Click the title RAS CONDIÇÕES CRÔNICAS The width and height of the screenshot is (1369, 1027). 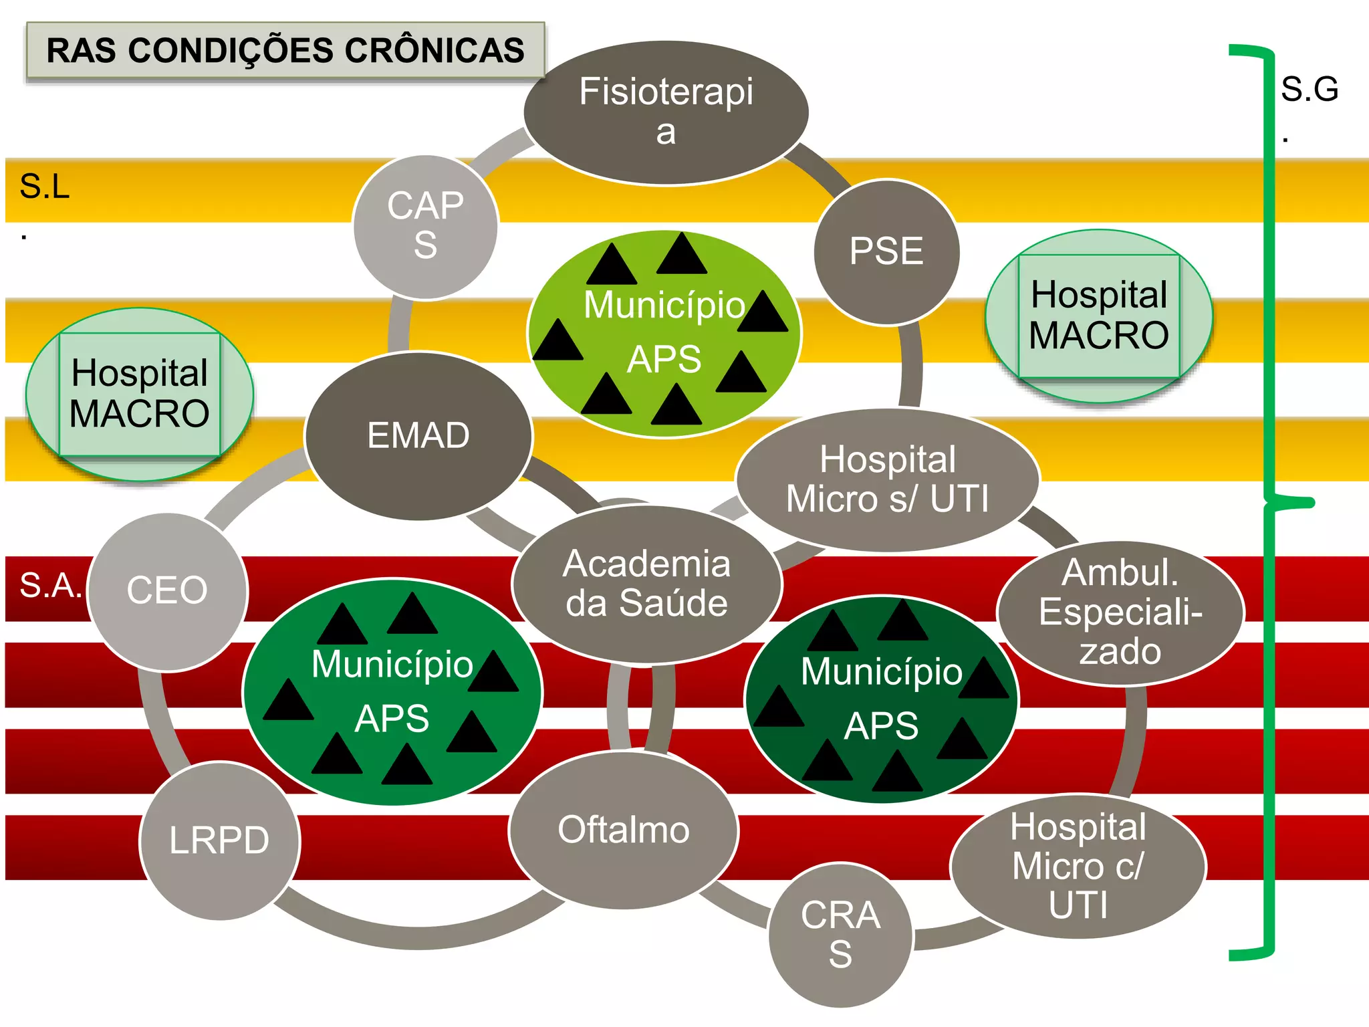click(x=285, y=51)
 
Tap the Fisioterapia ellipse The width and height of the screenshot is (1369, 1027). click(x=666, y=112)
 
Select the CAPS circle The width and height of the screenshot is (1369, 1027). click(x=425, y=226)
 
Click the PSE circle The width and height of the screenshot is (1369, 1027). click(x=886, y=251)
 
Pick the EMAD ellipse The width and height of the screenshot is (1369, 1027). click(x=418, y=435)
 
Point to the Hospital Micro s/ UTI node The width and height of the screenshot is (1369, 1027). click(x=888, y=479)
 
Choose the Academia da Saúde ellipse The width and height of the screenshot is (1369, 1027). click(x=646, y=584)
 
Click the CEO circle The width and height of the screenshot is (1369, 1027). click(x=167, y=590)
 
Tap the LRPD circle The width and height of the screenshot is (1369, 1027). click(x=219, y=840)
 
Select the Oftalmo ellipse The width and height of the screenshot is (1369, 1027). click(x=624, y=830)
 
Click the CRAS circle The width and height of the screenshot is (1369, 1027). click(x=840, y=934)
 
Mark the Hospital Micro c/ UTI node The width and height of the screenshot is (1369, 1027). click(x=1078, y=866)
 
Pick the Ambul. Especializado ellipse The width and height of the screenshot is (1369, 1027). click(x=1120, y=612)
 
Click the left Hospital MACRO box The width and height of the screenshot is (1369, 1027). click(x=140, y=394)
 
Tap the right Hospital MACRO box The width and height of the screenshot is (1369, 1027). click(x=1099, y=316)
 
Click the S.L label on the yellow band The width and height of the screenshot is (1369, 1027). click(x=44, y=187)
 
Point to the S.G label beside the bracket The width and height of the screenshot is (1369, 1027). click(x=1309, y=90)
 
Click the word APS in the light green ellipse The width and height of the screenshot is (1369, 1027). click(x=664, y=359)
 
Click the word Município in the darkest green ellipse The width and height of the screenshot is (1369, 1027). click(x=881, y=672)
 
